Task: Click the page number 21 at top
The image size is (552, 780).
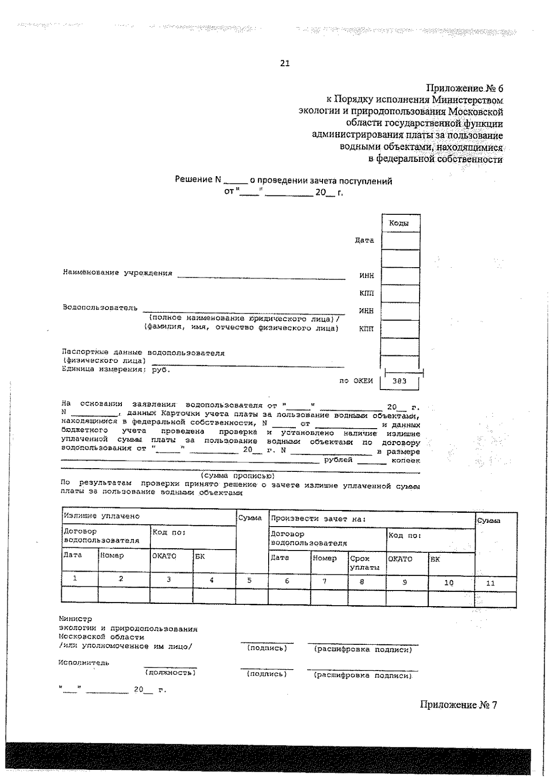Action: click(285, 64)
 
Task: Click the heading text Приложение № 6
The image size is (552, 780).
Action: click(465, 88)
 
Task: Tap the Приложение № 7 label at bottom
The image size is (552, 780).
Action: click(458, 705)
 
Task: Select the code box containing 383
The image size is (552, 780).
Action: click(399, 381)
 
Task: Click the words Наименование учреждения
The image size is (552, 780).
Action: click(117, 273)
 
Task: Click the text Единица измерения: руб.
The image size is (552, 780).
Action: click(115, 369)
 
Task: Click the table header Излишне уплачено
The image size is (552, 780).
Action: click(101, 516)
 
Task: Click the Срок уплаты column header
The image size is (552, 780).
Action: click(364, 562)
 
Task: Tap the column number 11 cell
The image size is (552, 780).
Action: click(490, 583)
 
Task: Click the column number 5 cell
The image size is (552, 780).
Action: click(249, 580)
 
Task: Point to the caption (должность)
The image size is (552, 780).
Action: click(170, 672)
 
